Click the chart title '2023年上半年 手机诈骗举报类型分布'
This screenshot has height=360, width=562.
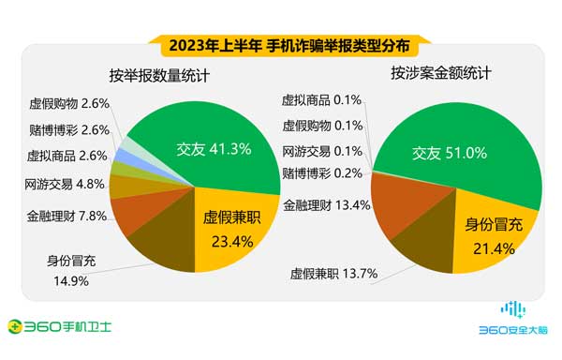[281, 43]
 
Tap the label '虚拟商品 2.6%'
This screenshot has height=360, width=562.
[65, 157]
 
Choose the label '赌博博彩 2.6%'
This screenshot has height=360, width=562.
[65, 130]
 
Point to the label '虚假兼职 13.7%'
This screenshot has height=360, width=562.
[333, 274]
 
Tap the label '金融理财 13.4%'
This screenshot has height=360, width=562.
[325, 202]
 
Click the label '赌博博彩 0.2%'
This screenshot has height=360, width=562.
[323, 173]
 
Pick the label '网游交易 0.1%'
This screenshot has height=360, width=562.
[323, 150]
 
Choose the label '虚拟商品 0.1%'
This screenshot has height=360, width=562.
[323, 99]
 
